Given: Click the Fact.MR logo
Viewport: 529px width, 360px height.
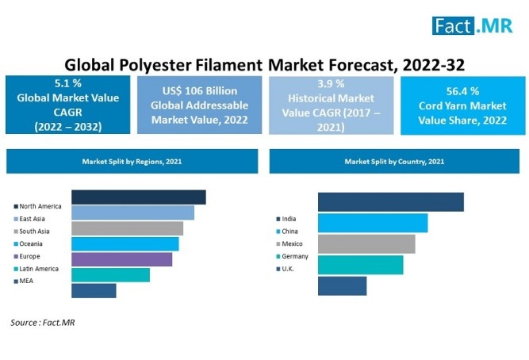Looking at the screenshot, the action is point(473,25).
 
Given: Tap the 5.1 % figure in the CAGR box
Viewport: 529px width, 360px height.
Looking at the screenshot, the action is point(68,83).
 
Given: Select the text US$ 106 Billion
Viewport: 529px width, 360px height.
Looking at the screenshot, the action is point(200,90).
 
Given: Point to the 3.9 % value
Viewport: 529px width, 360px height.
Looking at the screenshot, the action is point(331,84).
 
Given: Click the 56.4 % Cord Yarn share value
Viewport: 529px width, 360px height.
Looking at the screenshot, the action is point(463,91).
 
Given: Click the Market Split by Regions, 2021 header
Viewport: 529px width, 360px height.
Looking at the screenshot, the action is point(132,161).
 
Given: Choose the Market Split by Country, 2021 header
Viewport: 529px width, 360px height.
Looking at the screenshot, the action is point(394,161).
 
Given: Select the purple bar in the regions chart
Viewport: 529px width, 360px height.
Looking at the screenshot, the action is point(122,259).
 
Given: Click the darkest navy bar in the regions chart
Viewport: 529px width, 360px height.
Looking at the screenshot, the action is point(139,197).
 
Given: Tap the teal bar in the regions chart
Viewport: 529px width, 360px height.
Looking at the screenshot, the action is point(111,275).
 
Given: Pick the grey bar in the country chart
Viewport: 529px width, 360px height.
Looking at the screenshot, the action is point(366,244).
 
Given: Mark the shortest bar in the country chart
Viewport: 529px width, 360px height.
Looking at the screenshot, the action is point(343,286).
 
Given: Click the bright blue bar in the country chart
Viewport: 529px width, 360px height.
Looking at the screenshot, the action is point(373,223).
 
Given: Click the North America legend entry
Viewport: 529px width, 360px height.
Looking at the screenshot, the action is point(37,206).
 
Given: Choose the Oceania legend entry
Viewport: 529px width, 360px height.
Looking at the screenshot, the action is point(28,243).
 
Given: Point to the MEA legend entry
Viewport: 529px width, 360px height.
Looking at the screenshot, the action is point(23,281).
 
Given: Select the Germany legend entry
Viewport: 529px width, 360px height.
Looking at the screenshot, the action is point(292,256).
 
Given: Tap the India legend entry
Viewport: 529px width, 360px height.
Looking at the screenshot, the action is point(286,219).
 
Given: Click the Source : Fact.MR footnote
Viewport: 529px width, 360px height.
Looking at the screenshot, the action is point(43,323).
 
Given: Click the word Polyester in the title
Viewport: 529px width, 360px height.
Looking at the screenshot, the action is point(155,65).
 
